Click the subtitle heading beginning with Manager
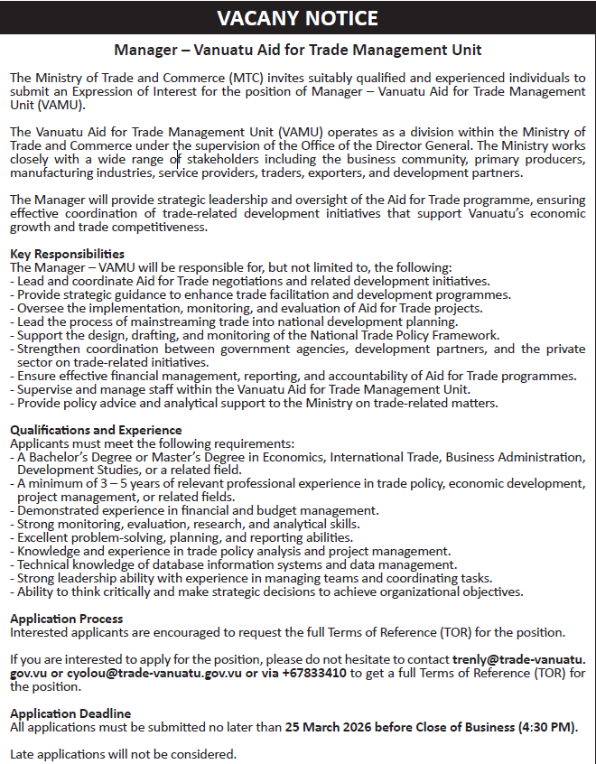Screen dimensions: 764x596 298,51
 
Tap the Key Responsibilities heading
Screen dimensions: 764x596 67,254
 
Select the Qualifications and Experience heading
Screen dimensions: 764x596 96,430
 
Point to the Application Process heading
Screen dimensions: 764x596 66,619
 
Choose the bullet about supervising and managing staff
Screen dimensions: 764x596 243,389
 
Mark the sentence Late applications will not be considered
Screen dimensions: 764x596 123,753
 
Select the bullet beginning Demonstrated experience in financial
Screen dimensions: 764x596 193,510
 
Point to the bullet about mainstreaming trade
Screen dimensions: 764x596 234,321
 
